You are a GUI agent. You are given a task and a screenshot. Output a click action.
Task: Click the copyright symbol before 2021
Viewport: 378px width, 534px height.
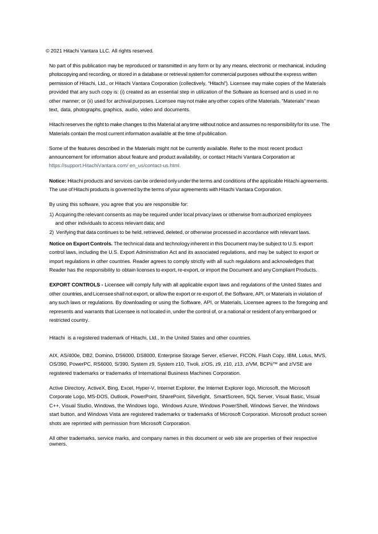[48, 51]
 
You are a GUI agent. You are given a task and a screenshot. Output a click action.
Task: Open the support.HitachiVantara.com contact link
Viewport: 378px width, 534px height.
[115, 165]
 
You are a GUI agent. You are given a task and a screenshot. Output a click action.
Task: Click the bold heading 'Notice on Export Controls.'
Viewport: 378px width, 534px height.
[81, 243]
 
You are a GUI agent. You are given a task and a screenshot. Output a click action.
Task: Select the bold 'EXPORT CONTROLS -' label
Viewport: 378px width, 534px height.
[76, 284]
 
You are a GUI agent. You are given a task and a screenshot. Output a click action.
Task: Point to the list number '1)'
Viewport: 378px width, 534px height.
[51, 215]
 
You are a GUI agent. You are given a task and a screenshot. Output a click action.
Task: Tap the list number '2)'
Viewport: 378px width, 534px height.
[51, 232]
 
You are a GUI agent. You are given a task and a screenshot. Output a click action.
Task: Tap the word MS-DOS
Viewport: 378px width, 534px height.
[97, 396]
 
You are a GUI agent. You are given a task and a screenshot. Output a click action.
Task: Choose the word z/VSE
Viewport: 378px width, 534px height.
[304, 363]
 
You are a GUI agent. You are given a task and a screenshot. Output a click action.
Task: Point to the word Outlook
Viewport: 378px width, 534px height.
[119, 396]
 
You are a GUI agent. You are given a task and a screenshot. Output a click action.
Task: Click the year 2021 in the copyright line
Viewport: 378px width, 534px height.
[57, 51]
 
